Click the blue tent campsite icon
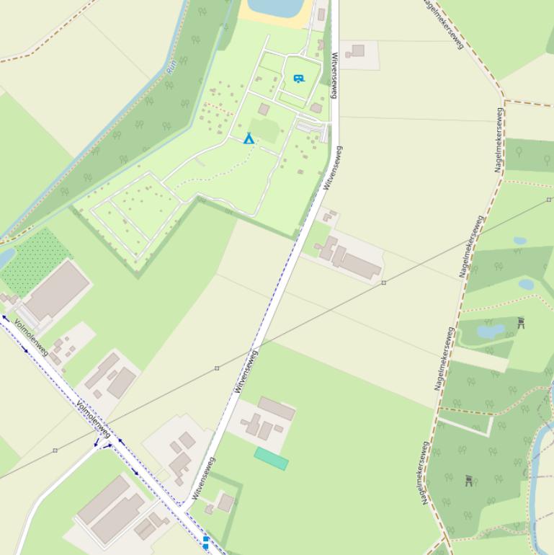pos(249,138)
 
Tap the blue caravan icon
pos(299,79)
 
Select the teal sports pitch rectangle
pos(271,458)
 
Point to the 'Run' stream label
pos(171,67)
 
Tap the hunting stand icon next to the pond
pos(521,322)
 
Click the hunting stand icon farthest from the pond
pos(469,480)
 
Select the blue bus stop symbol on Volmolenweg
pos(205,541)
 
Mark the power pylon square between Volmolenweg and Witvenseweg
pos(217,368)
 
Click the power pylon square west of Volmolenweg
pos(55,450)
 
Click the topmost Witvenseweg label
pos(334,74)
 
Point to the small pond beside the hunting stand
pos(491,332)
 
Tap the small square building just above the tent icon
pos(264,110)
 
